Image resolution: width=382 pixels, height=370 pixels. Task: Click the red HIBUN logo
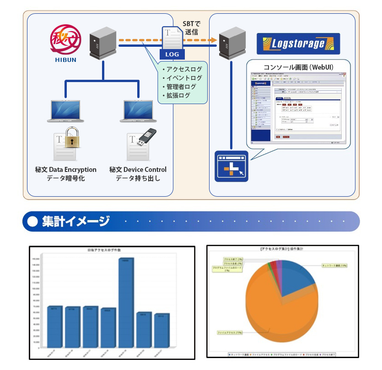click(67, 40)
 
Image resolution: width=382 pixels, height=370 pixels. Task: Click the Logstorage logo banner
click(298, 44)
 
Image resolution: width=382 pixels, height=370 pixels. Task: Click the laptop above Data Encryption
click(65, 110)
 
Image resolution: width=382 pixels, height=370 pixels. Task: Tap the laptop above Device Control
click(139, 110)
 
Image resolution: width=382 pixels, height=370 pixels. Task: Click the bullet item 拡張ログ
click(178, 95)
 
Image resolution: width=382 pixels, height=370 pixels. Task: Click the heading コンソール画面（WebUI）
click(298, 67)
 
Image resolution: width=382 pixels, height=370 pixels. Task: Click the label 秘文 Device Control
click(138, 169)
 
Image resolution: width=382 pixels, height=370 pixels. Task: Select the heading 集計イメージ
click(75, 221)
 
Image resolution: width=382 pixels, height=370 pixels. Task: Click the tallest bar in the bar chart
click(126, 303)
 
